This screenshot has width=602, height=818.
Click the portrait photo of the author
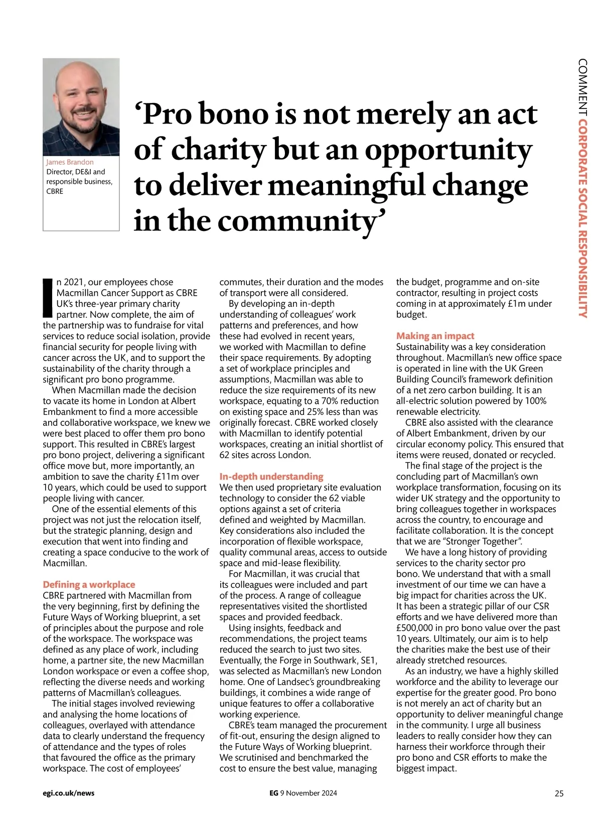click(81, 106)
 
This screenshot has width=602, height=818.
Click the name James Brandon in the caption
click(70, 162)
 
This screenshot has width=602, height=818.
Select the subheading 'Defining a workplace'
click(89, 585)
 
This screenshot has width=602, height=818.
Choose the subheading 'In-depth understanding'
click(271, 477)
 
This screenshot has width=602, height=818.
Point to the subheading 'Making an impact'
click(435, 336)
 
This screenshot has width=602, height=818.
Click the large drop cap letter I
click(48, 297)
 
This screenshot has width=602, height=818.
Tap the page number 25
click(559, 793)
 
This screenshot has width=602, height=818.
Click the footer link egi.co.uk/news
click(69, 793)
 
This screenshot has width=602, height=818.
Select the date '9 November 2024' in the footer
click(309, 793)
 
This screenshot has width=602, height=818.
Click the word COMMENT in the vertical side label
click(582, 87)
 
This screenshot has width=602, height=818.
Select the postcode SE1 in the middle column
click(368, 660)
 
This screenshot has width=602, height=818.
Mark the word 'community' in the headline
click(296, 221)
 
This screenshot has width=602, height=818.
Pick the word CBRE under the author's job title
click(55, 191)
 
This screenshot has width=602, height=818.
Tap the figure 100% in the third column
click(535, 401)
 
